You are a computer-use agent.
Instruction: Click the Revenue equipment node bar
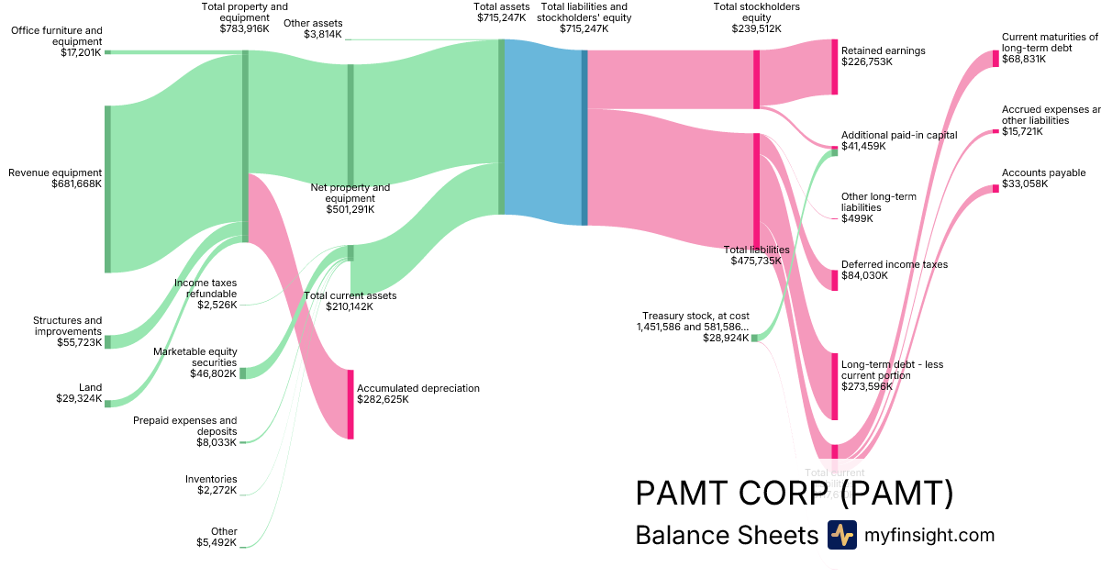pyautogui.click(x=107, y=189)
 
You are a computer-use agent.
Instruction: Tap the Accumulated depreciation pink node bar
pyautogui.click(x=350, y=404)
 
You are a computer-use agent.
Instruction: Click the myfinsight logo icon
pyautogui.click(x=841, y=535)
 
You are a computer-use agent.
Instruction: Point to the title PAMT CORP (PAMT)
pyautogui.click(x=794, y=494)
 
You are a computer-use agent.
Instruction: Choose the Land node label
pyautogui.click(x=90, y=387)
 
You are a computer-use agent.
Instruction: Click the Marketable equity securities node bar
pyautogui.click(x=243, y=373)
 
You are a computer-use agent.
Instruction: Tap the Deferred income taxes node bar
pyautogui.click(x=835, y=280)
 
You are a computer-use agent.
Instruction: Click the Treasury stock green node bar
pyautogui.click(x=754, y=339)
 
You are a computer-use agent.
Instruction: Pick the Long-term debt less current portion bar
pyautogui.click(x=835, y=386)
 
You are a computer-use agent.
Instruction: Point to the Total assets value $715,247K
pyautogui.click(x=501, y=17)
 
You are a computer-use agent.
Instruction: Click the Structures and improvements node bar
pyautogui.click(x=107, y=341)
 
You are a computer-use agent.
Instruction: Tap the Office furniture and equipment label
pyautogui.click(x=57, y=36)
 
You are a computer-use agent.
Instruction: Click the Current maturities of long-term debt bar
pyautogui.click(x=995, y=59)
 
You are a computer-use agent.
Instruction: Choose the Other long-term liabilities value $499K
pyautogui.click(x=857, y=218)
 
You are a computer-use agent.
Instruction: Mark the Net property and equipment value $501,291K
pyautogui.click(x=350, y=209)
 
